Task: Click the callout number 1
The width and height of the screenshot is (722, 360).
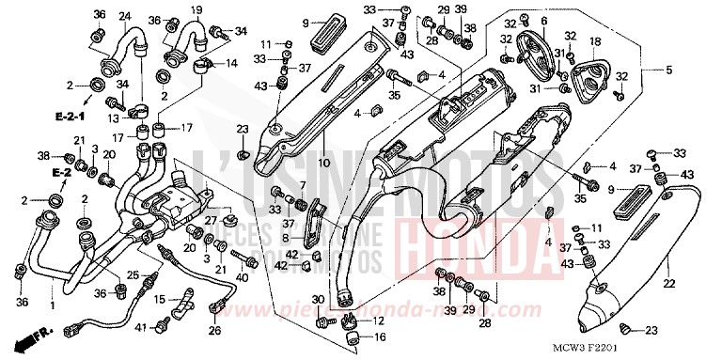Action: click(52, 305)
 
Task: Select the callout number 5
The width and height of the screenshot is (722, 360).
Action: click(670, 70)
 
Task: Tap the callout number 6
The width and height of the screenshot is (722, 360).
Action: click(544, 21)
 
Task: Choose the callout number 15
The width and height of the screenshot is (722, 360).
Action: click(160, 299)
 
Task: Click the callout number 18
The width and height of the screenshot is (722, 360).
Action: click(594, 42)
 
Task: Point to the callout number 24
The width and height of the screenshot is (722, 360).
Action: click(124, 16)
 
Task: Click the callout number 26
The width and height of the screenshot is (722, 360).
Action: click(213, 330)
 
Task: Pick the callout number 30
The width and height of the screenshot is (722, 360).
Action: click(318, 300)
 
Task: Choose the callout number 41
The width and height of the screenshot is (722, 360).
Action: click(140, 327)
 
